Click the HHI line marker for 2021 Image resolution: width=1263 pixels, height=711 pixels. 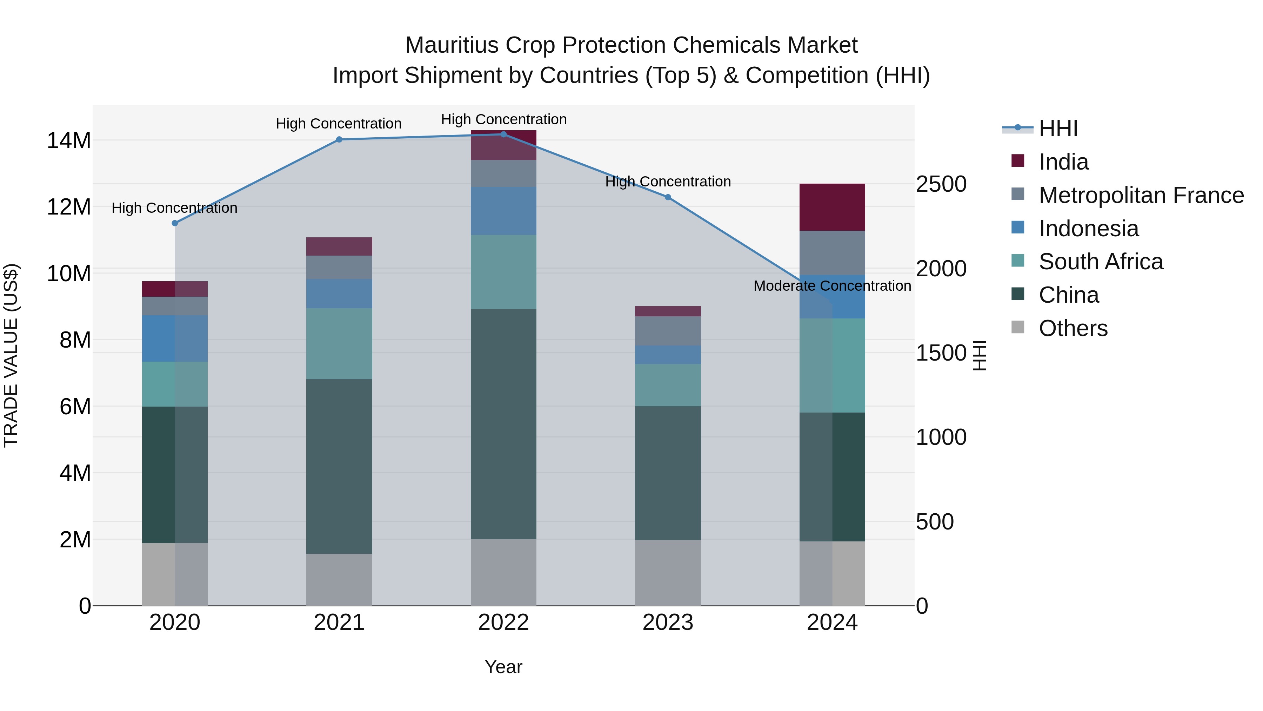click(339, 139)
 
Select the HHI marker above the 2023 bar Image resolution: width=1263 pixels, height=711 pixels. click(668, 197)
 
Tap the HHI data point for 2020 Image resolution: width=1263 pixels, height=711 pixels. click(175, 223)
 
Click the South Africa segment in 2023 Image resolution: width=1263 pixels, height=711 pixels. click(668, 385)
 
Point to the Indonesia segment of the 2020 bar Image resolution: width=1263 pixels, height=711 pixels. click(175, 338)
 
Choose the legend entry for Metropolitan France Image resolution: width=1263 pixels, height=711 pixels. click(1141, 195)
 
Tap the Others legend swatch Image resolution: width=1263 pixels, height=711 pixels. click(1018, 327)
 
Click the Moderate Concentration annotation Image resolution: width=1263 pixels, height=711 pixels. click(832, 285)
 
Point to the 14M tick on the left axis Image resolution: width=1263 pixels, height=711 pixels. click(69, 141)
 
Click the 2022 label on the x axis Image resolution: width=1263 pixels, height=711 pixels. click(503, 623)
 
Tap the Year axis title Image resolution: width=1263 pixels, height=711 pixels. click(503, 667)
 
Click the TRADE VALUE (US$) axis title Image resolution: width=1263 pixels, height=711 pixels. click(11, 355)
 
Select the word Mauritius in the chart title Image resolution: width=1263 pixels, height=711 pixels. click(451, 45)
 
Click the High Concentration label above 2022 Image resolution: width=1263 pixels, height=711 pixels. click(503, 119)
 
